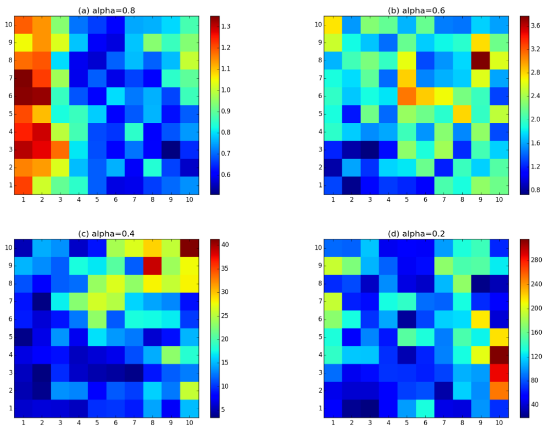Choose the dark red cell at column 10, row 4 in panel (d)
pos(499,355)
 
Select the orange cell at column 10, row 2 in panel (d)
pos(499,390)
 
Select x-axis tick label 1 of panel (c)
pos(23,423)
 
